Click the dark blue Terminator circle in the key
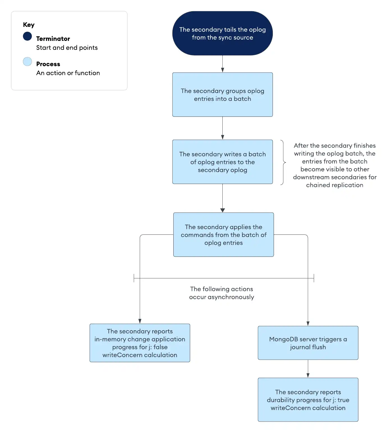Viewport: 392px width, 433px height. pyautogui.click(x=27, y=36)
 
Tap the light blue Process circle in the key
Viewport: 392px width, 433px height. pyautogui.click(x=27, y=62)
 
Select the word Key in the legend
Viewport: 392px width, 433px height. pyautogui.click(x=29, y=25)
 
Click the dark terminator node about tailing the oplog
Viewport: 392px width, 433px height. pyautogui.click(x=222, y=33)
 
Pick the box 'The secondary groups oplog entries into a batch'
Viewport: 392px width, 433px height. pyautogui.click(x=222, y=95)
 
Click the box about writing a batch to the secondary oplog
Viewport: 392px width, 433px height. pyautogui.click(x=222, y=162)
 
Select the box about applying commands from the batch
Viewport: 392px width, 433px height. pyautogui.click(x=223, y=235)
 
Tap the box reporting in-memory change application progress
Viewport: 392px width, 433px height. pyautogui.click(x=140, y=343)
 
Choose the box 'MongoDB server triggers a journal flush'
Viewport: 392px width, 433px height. pyautogui.click(x=308, y=343)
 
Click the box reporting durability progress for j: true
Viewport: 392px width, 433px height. pyautogui.click(x=308, y=400)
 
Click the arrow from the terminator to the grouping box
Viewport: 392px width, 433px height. pyautogui.click(x=222, y=64)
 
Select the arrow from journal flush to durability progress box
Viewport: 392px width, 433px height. pyautogui.click(x=308, y=369)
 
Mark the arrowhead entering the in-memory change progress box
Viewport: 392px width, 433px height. pyautogui.click(x=140, y=321)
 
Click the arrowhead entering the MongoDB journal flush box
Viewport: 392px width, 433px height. pyautogui.click(x=308, y=323)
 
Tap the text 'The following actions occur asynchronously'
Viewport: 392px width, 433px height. pyautogui.click(x=222, y=293)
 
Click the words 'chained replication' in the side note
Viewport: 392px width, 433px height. pyautogui.click(x=335, y=185)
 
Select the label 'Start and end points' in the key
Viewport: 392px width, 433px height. pyautogui.click(x=67, y=48)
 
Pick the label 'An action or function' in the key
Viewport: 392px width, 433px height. pyautogui.click(x=68, y=73)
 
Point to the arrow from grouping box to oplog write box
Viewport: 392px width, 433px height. pyautogui.click(x=222, y=128)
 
